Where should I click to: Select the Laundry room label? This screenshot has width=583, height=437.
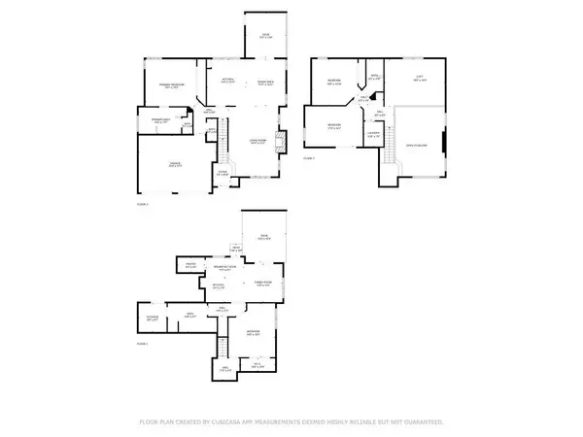pos(373,135)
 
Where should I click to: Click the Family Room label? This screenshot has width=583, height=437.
pos(262,284)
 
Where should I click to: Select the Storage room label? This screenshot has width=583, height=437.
pos(153,318)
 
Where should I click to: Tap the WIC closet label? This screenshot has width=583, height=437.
pos(257,366)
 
